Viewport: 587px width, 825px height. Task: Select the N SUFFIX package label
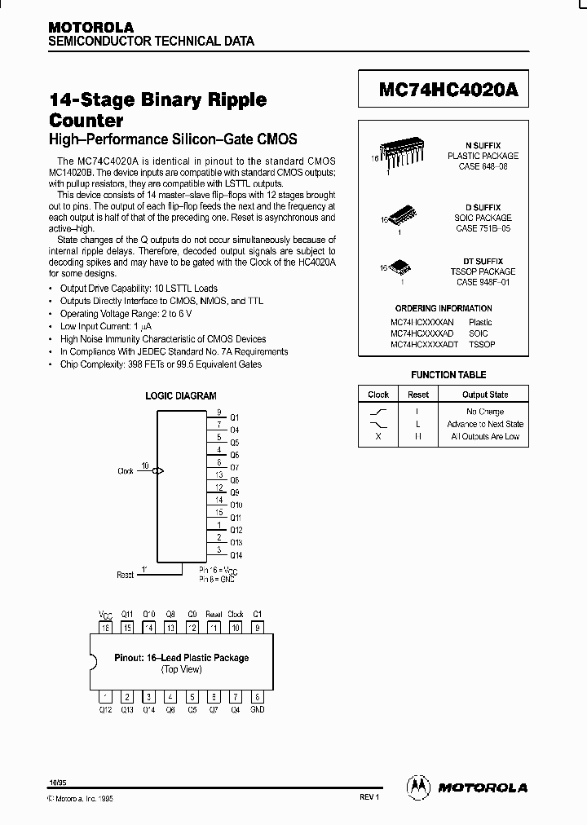coord(483,145)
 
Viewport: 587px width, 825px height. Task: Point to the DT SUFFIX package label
coord(483,261)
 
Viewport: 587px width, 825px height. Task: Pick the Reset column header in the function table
coord(418,395)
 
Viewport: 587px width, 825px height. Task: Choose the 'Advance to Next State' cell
coord(485,424)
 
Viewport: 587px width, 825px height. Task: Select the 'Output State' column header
coord(485,395)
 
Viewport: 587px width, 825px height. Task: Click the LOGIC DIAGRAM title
coord(181,396)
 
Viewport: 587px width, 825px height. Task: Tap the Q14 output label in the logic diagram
coord(235,555)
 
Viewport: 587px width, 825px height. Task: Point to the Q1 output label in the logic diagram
coord(235,417)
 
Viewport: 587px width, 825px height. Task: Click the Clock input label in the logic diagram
coord(126,471)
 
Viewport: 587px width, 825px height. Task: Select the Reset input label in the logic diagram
coord(125,575)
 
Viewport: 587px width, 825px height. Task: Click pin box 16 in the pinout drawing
coord(104,628)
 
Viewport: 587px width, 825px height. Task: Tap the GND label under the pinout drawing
coord(257,709)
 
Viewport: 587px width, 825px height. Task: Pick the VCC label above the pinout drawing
coord(104,614)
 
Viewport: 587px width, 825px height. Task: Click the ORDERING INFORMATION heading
coord(444,308)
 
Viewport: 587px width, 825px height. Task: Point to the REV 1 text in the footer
coord(370,796)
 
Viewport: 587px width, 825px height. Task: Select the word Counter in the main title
coord(86,121)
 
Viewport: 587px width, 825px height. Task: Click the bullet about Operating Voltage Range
coord(128,313)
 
